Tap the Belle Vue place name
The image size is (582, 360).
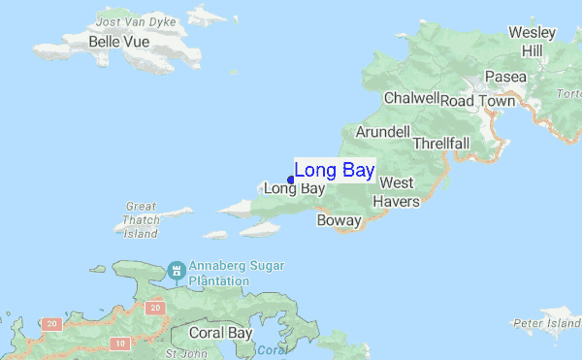(117, 42)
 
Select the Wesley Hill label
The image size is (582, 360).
(533, 41)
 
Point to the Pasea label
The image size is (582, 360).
(505, 77)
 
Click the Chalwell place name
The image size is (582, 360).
(411, 98)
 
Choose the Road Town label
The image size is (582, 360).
(478, 99)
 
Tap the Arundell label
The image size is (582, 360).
(383, 131)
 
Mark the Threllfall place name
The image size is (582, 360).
(441, 143)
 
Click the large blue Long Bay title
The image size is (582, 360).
(335, 171)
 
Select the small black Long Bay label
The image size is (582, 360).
(294, 188)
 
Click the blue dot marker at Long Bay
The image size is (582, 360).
(290, 180)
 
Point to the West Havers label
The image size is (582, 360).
(398, 192)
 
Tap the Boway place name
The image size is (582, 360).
(339, 220)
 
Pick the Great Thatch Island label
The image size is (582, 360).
(142, 219)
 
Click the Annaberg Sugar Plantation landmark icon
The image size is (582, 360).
(177, 270)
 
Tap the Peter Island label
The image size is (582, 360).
(547, 321)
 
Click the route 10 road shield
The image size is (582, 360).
(118, 344)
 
